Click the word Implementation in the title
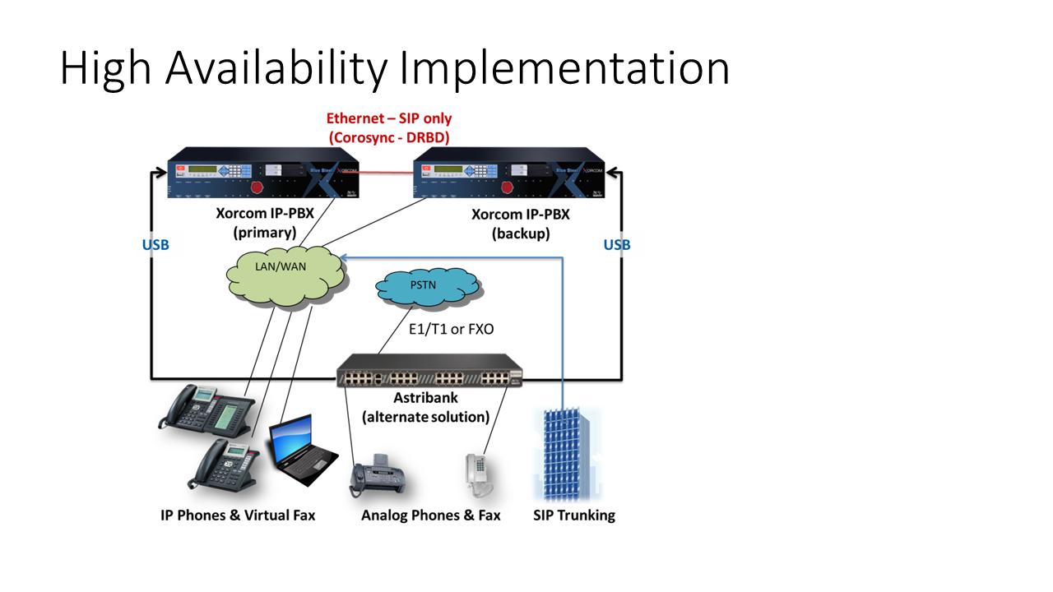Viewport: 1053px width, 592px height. [565, 68]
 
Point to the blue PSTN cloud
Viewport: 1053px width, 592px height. [428, 287]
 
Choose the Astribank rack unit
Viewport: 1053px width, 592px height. [429, 372]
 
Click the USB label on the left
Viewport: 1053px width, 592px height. [155, 245]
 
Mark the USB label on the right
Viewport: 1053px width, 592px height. [617, 245]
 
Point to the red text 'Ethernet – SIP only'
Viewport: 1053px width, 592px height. [389, 119]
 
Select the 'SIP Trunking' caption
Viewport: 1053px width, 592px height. [574, 516]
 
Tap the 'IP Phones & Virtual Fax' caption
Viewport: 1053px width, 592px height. [238, 516]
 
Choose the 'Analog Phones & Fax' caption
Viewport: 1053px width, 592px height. [431, 516]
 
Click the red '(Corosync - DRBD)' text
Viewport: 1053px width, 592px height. [389, 137]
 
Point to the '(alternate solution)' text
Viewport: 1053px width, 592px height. [426, 417]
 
